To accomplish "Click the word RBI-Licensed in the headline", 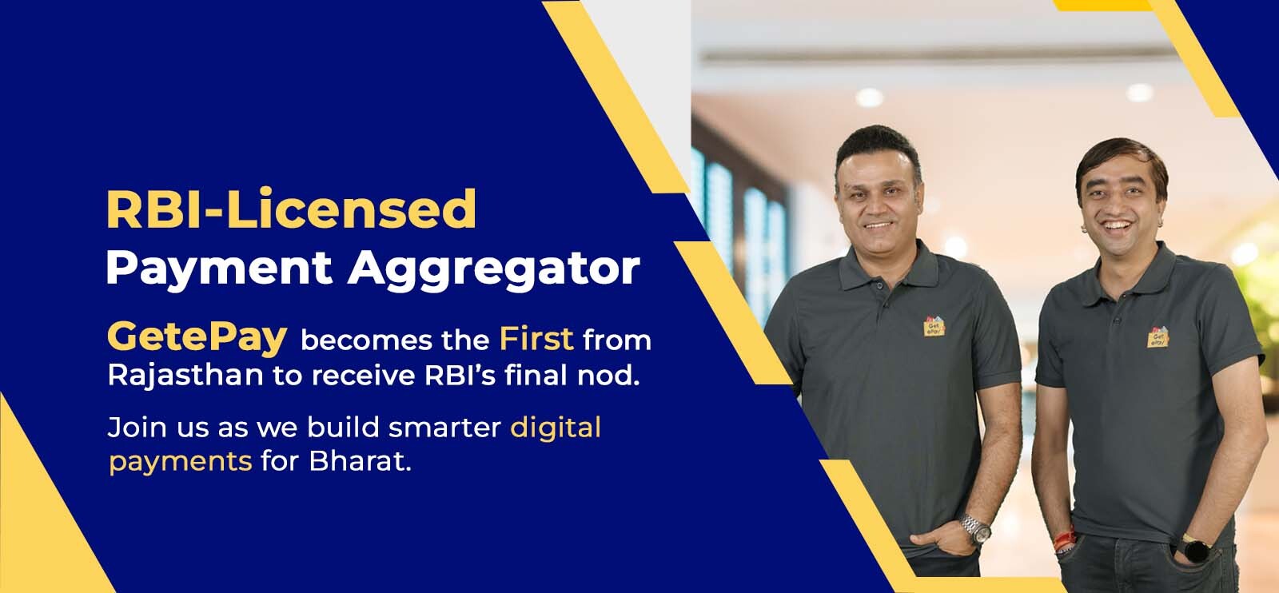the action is (x=291, y=209).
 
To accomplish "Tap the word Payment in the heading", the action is (x=219, y=269).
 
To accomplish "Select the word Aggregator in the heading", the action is (x=494, y=269).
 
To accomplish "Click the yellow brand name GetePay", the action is (x=197, y=337).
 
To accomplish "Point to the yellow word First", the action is (x=536, y=339).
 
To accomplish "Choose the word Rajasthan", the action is (x=185, y=376).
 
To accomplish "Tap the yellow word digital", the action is (x=556, y=428).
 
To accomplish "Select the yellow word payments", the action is (x=181, y=462).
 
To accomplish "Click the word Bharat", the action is (x=360, y=460).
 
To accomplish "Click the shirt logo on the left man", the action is (x=934, y=326).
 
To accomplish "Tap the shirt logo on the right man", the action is (x=1157, y=337).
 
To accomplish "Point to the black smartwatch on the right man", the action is (x=1193, y=548).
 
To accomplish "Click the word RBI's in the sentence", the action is (x=460, y=376).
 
